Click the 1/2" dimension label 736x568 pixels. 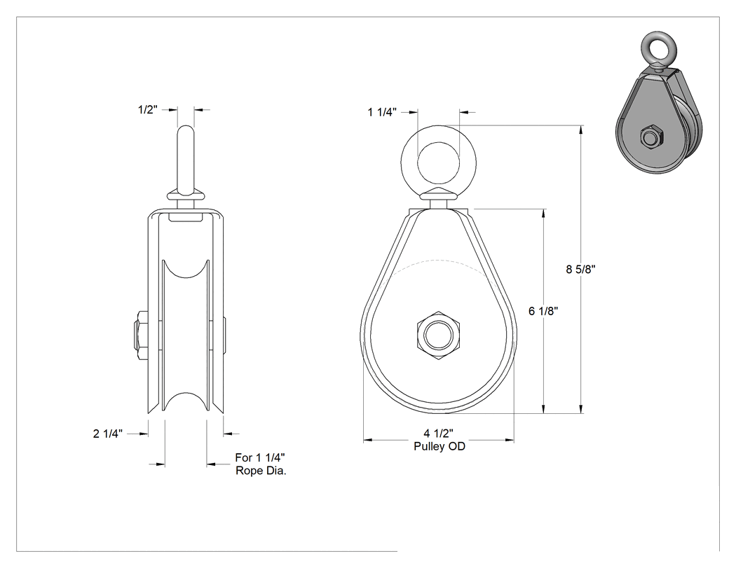coord(147,110)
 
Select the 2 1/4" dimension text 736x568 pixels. coord(107,434)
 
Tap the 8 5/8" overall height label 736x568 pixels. coord(580,269)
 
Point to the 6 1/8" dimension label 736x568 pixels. coord(543,311)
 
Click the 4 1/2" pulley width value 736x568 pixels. coord(438,434)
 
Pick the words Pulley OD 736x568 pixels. coord(439,446)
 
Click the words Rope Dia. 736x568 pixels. coord(261,471)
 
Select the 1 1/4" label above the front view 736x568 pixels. coord(382,112)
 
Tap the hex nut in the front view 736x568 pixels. coord(438,335)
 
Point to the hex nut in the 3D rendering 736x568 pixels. coord(651,137)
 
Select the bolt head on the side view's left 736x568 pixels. coord(142,335)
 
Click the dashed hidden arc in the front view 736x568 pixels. coord(438,261)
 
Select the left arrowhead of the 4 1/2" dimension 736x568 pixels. coord(368,440)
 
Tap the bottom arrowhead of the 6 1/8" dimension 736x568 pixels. coord(543,409)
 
